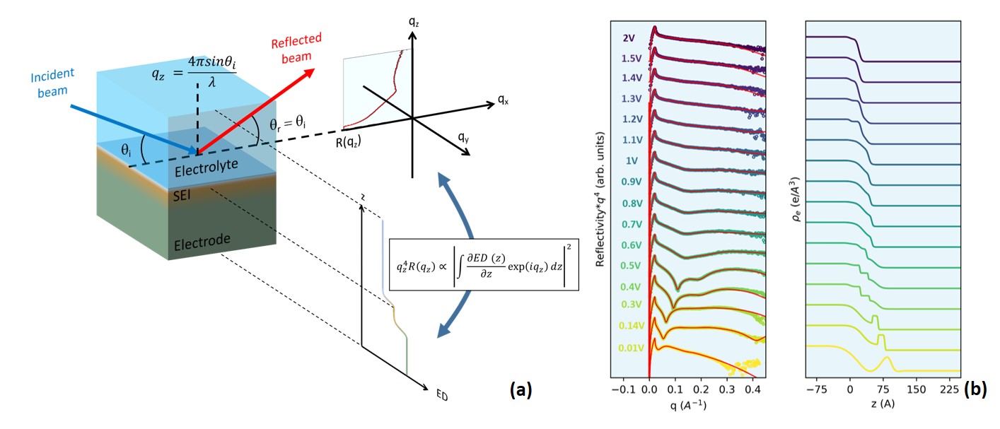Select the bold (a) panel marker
pos(521,388)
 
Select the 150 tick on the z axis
pos(916,388)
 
